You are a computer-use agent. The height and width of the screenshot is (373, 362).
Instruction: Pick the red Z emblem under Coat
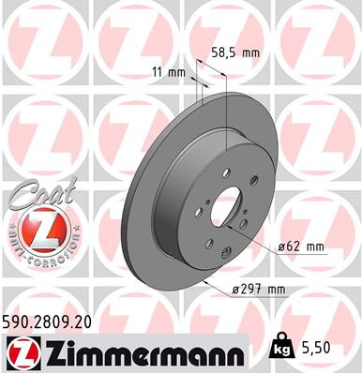click(36, 228)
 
